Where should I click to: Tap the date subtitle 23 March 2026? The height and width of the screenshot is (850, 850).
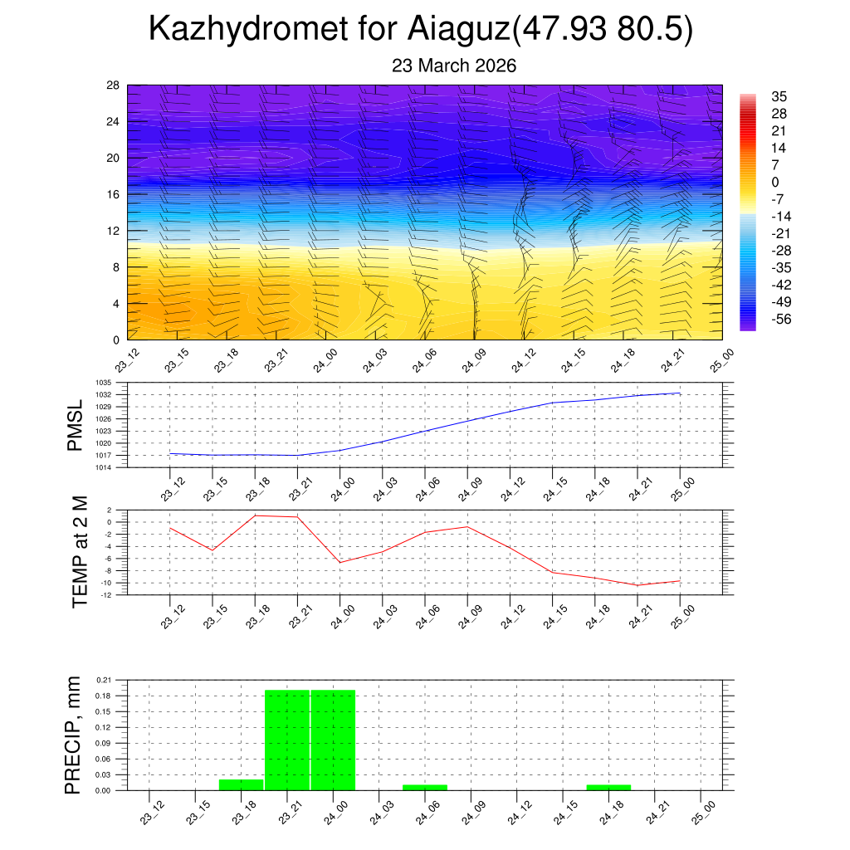click(454, 66)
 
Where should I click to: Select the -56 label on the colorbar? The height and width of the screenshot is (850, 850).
click(781, 320)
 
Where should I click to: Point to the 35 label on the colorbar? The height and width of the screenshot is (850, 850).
click(779, 96)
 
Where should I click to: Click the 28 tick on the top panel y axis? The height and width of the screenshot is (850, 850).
click(114, 85)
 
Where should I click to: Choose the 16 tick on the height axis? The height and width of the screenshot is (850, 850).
click(114, 194)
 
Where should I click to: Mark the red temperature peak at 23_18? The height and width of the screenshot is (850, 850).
click(255, 515)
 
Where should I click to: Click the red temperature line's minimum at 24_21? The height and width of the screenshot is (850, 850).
click(637, 585)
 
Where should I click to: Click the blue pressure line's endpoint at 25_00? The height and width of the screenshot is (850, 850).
click(681, 393)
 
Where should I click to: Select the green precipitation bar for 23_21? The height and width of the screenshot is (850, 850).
click(287, 739)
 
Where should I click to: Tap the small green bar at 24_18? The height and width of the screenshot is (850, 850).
click(608, 787)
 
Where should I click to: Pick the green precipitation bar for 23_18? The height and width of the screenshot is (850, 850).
click(241, 784)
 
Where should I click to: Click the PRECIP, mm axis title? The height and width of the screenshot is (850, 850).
click(74, 735)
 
